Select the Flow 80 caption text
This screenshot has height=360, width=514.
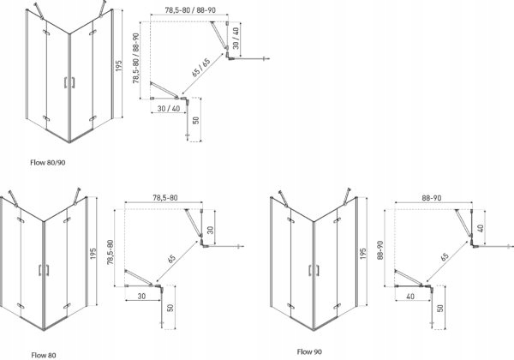pos(43,352)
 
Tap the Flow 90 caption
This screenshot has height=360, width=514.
pos(309,351)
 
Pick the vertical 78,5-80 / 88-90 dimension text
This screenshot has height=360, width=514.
pos(136,60)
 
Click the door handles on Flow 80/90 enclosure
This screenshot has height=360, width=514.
pos(69,82)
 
